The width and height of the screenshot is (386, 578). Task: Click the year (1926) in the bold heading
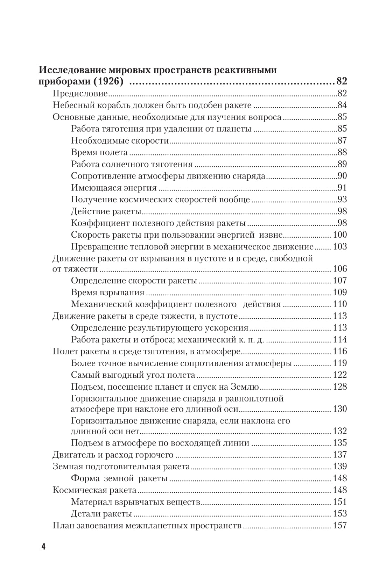point(105,82)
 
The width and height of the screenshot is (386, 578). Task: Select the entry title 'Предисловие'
point(80,94)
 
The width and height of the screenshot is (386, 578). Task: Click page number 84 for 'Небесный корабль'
point(342,106)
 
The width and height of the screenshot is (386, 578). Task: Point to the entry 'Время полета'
point(99,153)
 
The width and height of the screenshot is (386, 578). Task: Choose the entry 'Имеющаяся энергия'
point(114,188)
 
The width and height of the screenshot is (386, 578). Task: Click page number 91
point(342,188)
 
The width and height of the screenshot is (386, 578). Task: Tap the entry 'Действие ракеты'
point(106,211)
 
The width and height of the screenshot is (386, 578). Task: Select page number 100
point(340,235)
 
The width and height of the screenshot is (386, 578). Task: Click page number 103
point(340,247)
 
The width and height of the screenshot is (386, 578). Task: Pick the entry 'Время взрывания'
point(108,292)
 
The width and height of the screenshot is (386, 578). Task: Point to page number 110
point(340,304)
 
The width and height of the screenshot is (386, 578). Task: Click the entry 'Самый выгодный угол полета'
point(133,375)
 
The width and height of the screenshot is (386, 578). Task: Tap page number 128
point(340,387)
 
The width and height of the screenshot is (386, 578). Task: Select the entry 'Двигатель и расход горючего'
point(113,455)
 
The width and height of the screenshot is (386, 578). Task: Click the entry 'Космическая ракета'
point(94,490)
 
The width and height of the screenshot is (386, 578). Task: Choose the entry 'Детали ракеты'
point(101,514)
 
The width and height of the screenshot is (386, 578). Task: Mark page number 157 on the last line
point(340,526)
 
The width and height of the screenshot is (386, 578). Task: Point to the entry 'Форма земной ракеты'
point(119,478)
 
